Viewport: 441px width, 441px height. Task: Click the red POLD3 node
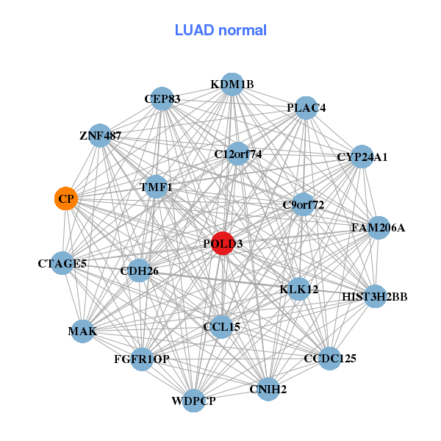click(x=223, y=243)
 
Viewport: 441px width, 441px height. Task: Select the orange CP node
click(x=66, y=198)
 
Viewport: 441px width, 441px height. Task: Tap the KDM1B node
click(x=232, y=84)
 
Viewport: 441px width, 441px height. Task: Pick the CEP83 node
click(x=162, y=99)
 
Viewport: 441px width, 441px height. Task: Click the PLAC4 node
click(x=306, y=108)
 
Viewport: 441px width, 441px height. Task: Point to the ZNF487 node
click(x=101, y=136)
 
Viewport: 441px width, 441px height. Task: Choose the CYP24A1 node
click(x=362, y=157)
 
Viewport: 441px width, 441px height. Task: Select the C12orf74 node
click(x=238, y=154)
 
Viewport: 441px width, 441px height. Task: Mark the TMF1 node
click(x=156, y=187)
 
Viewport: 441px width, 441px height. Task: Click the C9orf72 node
click(x=303, y=204)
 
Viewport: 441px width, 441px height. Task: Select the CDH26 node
click(x=139, y=271)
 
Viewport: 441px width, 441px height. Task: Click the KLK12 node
click(x=299, y=290)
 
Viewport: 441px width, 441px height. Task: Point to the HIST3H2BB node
click(x=375, y=297)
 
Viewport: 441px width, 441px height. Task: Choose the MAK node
click(x=82, y=332)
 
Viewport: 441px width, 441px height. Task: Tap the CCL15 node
click(x=221, y=326)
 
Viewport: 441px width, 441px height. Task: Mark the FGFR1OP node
click(x=142, y=359)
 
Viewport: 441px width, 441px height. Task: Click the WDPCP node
click(x=193, y=401)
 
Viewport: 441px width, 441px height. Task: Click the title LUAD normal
click(x=220, y=30)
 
